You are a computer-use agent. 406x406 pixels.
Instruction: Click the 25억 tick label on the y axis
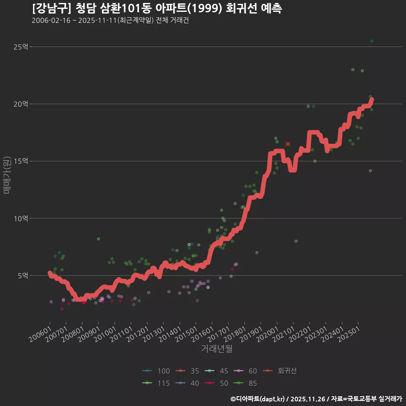pyautogui.click(x=21, y=47)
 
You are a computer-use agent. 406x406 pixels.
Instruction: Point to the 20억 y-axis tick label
pyautogui.click(x=21, y=104)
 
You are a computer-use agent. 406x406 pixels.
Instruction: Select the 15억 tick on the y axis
pyautogui.click(x=21, y=161)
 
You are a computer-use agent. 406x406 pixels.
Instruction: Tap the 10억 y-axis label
pyautogui.click(x=21, y=219)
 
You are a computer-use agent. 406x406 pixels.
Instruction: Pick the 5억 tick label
pyautogui.click(x=22, y=276)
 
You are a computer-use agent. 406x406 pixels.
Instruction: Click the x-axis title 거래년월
pyautogui.click(x=217, y=349)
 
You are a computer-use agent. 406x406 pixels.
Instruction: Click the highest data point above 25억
pyautogui.click(x=372, y=41)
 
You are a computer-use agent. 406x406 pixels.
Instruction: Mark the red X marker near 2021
pyautogui.click(x=288, y=144)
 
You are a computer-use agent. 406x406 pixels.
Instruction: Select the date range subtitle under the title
pyautogui.click(x=110, y=21)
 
